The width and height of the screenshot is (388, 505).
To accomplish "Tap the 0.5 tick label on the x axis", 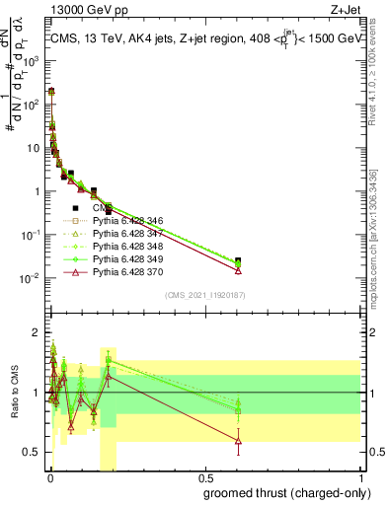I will pyautogui.click(x=205, y=475).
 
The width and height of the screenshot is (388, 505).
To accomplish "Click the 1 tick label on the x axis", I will pyautogui.click(x=359, y=475).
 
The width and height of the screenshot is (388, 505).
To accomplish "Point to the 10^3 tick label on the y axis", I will pyautogui.click(x=31, y=59).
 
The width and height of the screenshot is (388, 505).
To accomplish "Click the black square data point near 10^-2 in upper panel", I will pyautogui.click(x=238, y=260).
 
